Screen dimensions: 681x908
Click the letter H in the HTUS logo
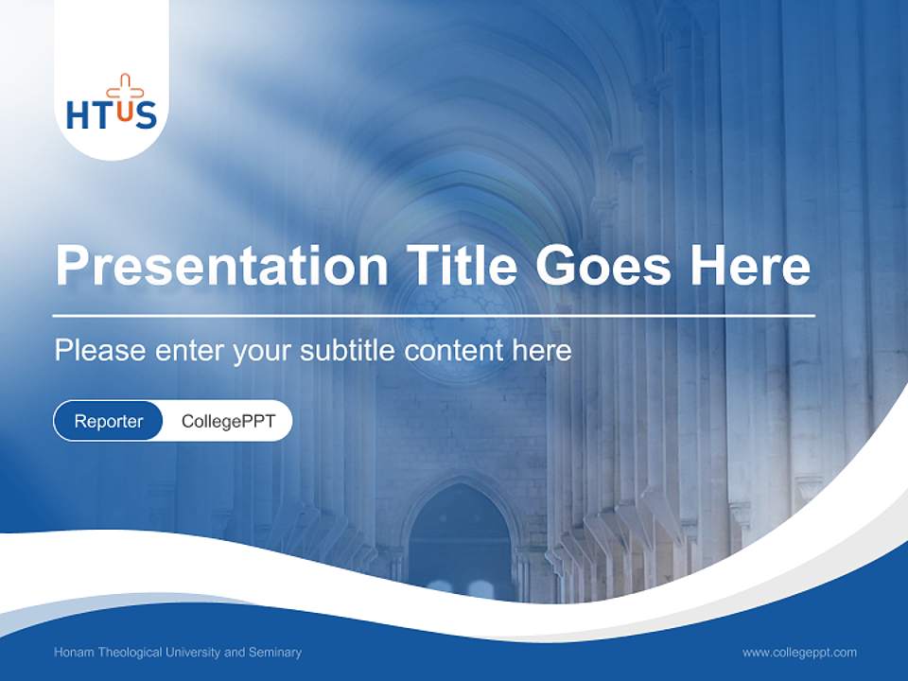click(x=78, y=115)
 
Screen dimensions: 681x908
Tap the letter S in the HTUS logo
click(x=145, y=115)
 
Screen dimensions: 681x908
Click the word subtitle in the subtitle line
click(x=348, y=351)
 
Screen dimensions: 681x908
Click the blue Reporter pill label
click(x=109, y=421)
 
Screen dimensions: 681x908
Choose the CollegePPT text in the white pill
click(x=228, y=421)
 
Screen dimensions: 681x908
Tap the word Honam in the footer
click(x=74, y=653)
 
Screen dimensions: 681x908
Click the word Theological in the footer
click(x=130, y=653)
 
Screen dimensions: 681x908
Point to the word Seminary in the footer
click(x=275, y=653)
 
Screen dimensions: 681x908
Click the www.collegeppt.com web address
click(x=799, y=653)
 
